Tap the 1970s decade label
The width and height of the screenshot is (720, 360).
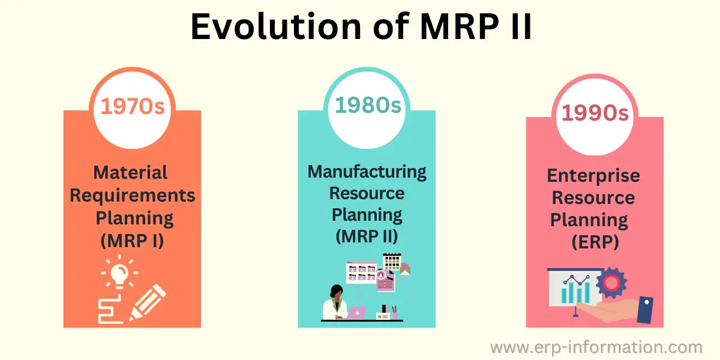[x=133, y=106]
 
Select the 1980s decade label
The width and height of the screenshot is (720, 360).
[x=368, y=105]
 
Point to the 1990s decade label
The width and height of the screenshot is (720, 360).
[x=595, y=113]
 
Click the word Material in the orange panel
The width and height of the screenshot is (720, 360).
[x=130, y=173]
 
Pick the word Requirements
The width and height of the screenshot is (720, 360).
[x=133, y=196]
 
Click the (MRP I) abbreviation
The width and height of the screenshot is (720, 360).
[x=132, y=241]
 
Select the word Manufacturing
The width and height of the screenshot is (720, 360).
[x=367, y=172]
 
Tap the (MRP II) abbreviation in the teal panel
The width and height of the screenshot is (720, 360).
[x=367, y=236]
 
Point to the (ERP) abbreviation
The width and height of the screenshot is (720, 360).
[x=595, y=242]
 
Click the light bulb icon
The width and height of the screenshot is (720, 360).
[x=119, y=272]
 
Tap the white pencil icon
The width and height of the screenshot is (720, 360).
[x=147, y=302]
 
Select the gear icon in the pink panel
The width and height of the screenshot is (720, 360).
[x=611, y=283]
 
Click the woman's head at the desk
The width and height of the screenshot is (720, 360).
[x=337, y=292]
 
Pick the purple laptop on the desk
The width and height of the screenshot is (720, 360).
[x=357, y=313]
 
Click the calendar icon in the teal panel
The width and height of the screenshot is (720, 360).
[x=392, y=262]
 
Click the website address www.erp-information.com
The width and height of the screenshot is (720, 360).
[x=596, y=348]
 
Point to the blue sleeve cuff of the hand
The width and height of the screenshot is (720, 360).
[x=645, y=310]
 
